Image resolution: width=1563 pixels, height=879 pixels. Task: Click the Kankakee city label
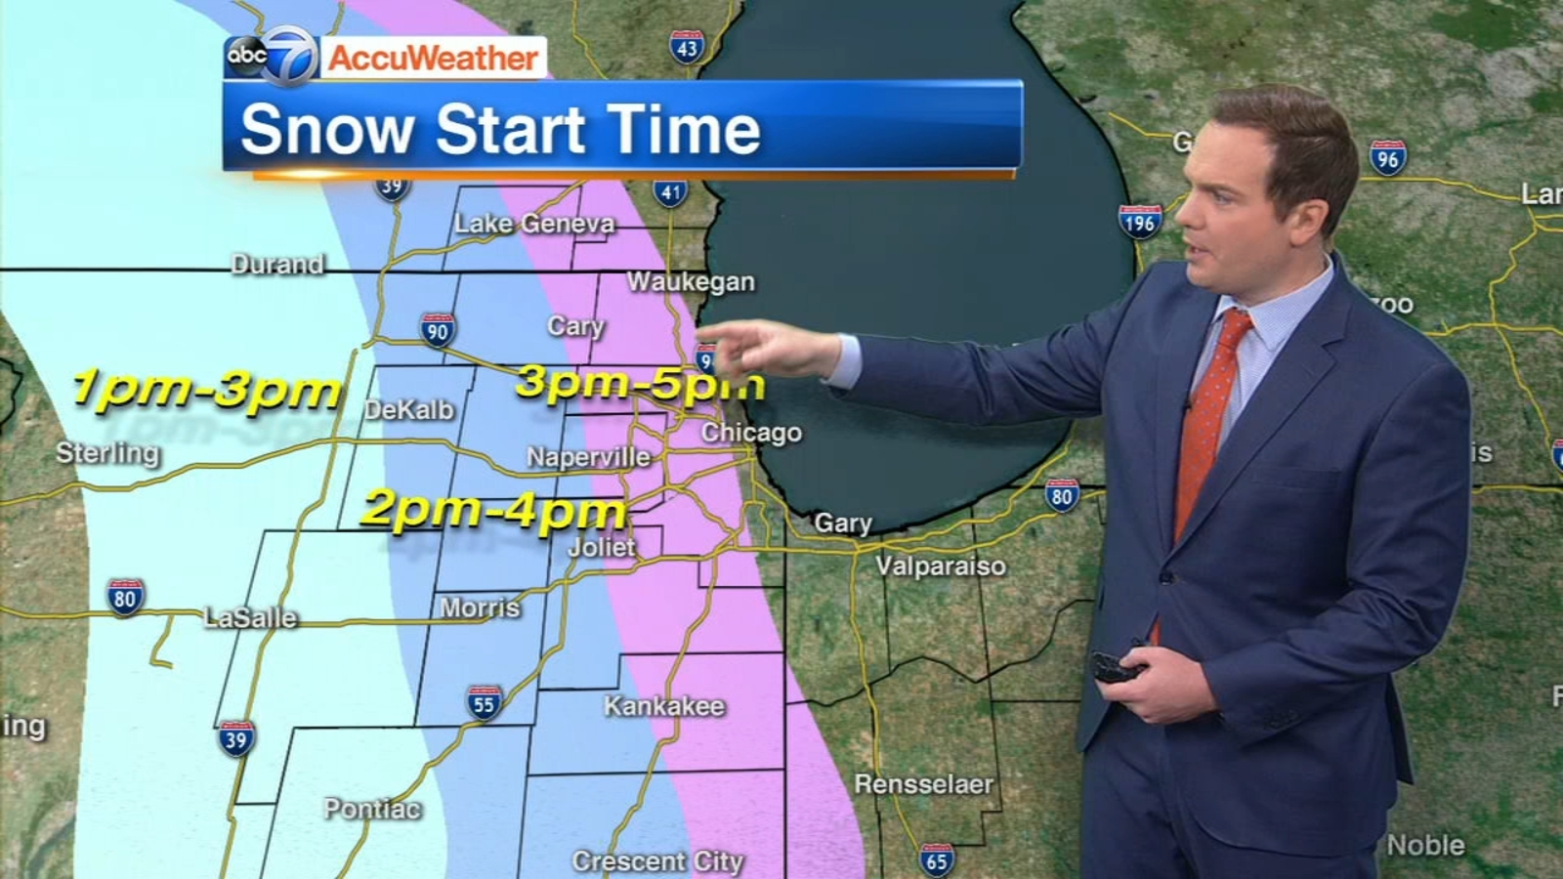click(664, 706)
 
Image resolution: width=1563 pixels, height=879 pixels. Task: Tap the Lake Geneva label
click(534, 224)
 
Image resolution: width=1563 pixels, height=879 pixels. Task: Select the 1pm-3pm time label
click(207, 390)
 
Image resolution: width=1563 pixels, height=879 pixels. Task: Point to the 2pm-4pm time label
click(493, 510)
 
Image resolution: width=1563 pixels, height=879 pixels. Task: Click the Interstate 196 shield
click(1140, 222)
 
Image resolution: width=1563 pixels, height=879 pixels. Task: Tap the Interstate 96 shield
click(1388, 157)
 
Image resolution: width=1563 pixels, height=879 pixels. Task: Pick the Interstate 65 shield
click(936, 858)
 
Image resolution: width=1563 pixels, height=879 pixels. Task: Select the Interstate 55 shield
click(484, 702)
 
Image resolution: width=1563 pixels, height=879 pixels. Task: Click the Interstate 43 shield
click(687, 47)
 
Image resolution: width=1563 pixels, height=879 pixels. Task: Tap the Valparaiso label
click(940, 565)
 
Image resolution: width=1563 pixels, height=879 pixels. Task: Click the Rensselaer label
click(923, 783)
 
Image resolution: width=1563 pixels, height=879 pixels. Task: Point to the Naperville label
click(588, 457)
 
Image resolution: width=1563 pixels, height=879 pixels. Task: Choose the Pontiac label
click(372, 809)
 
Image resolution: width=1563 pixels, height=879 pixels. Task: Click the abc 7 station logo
click(273, 56)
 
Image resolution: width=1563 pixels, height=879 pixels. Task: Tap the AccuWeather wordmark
click(433, 58)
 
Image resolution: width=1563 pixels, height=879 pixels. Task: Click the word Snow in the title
click(327, 129)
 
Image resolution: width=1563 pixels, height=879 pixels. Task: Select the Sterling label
click(107, 453)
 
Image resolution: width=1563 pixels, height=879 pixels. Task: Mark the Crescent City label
click(657, 861)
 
